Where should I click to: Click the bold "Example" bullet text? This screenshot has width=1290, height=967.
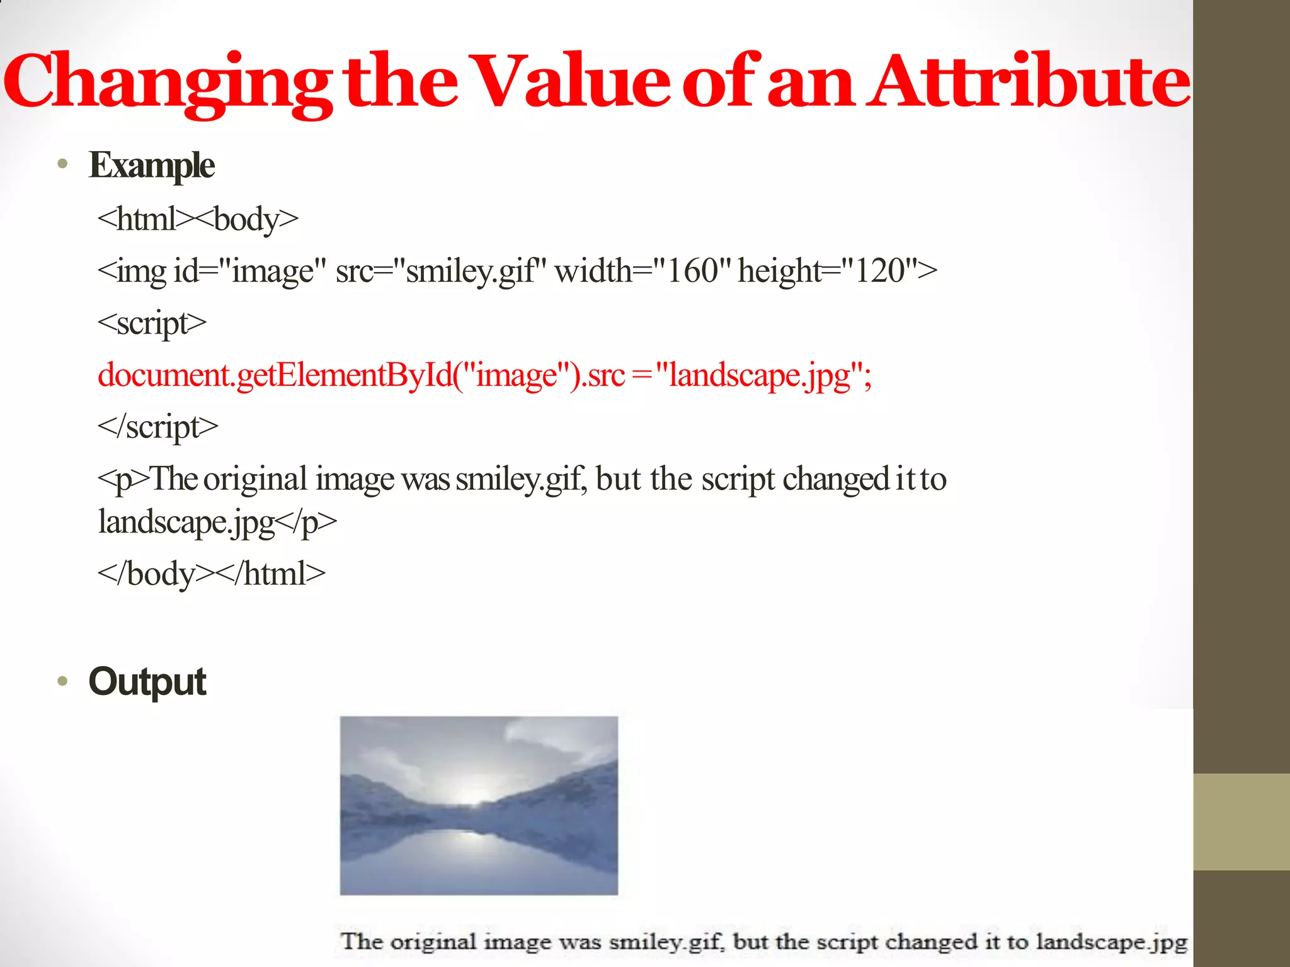(152, 166)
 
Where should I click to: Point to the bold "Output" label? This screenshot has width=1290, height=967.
(147, 682)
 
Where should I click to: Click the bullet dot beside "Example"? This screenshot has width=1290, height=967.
(62, 165)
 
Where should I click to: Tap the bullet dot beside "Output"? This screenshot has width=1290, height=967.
(62, 681)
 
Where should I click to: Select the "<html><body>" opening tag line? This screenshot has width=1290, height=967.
(198, 220)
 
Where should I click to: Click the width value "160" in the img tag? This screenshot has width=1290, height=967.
(692, 271)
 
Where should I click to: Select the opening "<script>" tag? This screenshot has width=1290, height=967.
(152, 324)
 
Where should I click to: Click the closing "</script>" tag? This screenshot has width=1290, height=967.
(157, 427)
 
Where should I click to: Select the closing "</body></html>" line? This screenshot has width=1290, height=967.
(212, 574)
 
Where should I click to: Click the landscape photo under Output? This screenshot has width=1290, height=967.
(479, 805)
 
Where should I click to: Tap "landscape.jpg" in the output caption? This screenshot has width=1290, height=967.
(1112, 942)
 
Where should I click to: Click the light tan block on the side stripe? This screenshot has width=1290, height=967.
(1241, 822)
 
